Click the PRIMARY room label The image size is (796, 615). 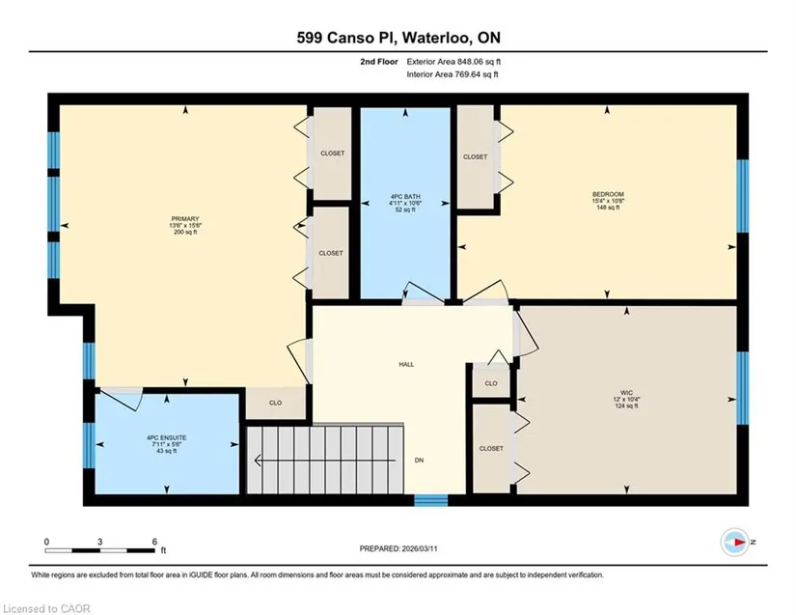[x=185, y=219]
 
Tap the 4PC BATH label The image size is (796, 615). [x=405, y=197]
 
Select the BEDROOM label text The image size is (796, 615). [x=608, y=194]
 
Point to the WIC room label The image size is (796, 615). [x=626, y=393]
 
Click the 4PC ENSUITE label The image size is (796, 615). [x=167, y=437]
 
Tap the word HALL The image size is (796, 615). [x=406, y=364]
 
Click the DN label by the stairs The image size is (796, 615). [x=419, y=461]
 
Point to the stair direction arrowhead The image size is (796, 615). [x=258, y=461]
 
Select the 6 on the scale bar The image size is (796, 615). [x=154, y=542]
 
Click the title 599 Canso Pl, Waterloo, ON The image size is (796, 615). [x=398, y=38]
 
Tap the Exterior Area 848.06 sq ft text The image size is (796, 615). [x=453, y=62]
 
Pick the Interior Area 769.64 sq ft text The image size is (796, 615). [x=453, y=74]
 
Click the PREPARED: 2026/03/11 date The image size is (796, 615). [x=398, y=548]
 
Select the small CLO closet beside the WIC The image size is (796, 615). [x=491, y=383]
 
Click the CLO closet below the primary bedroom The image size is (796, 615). [x=275, y=403]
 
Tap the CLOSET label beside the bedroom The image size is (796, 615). [x=475, y=157]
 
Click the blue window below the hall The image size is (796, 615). [x=431, y=500]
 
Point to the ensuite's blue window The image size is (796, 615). [x=89, y=445]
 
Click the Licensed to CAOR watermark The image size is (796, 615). [x=46, y=608]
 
